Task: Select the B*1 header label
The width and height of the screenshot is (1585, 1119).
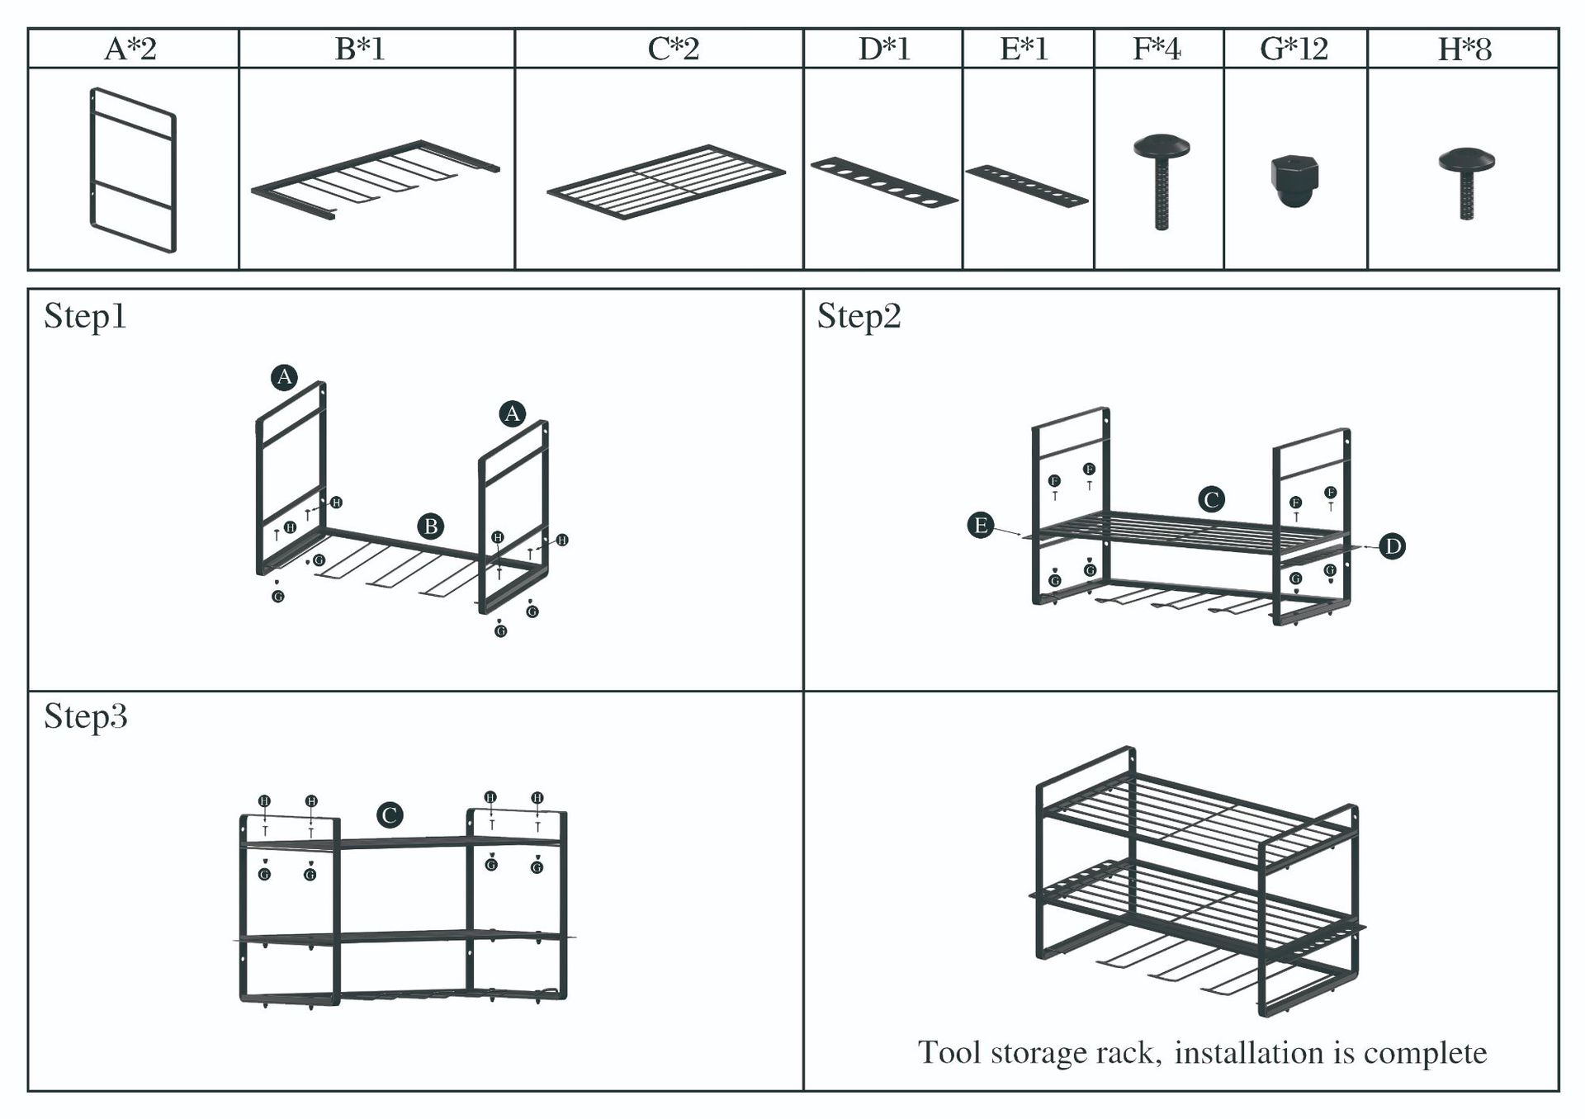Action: click(360, 49)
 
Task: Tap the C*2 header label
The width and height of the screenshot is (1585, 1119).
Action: click(674, 49)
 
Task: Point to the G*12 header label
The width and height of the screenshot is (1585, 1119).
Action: click(1294, 49)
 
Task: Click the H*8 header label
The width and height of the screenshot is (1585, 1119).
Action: click(1464, 49)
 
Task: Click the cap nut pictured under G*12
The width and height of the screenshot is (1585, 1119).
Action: click(1294, 179)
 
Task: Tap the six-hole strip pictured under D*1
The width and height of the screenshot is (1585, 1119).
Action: click(883, 182)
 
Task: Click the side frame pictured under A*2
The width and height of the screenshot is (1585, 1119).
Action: click(132, 169)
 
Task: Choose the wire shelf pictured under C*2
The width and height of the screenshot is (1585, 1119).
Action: click(665, 182)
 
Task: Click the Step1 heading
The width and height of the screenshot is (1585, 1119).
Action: click(85, 316)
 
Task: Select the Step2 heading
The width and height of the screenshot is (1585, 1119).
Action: click(859, 316)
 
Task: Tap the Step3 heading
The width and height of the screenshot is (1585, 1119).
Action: click(85, 716)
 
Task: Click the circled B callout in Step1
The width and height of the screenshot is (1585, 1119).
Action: click(430, 526)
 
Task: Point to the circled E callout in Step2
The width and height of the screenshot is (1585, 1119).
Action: click(981, 525)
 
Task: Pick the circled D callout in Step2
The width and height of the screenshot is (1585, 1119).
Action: click(1392, 545)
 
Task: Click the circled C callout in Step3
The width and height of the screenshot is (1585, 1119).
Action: click(390, 815)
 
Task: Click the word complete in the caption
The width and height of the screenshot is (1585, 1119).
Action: click(1425, 1053)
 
